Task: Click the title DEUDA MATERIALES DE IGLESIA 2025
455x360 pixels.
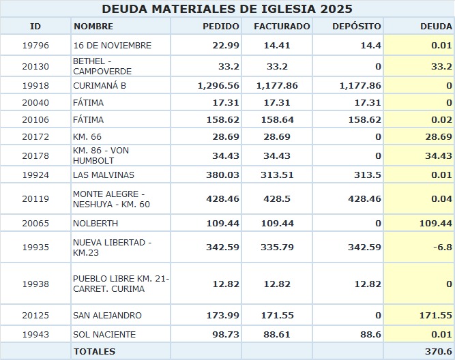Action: [x=227, y=9]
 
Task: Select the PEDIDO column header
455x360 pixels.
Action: [x=221, y=27]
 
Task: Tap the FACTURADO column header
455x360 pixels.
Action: [x=282, y=27]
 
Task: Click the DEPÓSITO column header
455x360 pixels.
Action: [x=356, y=27]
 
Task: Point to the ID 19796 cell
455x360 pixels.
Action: [x=35, y=46]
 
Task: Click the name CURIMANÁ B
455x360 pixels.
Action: [x=100, y=86]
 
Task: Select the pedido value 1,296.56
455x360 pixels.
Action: [x=218, y=86]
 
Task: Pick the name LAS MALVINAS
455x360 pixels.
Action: [x=101, y=174]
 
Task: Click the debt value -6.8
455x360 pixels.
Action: [x=444, y=247]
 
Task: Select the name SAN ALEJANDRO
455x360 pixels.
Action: [x=107, y=316]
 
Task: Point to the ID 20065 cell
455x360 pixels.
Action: [x=35, y=224]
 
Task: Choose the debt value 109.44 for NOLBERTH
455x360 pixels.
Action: [x=436, y=224]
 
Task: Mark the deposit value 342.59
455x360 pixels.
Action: [x=364, y=247]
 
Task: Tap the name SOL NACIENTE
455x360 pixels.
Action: [x=104, y=335]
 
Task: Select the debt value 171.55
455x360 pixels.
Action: [x=436, y=316]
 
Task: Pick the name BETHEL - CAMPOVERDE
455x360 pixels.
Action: [x=102, y=66]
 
